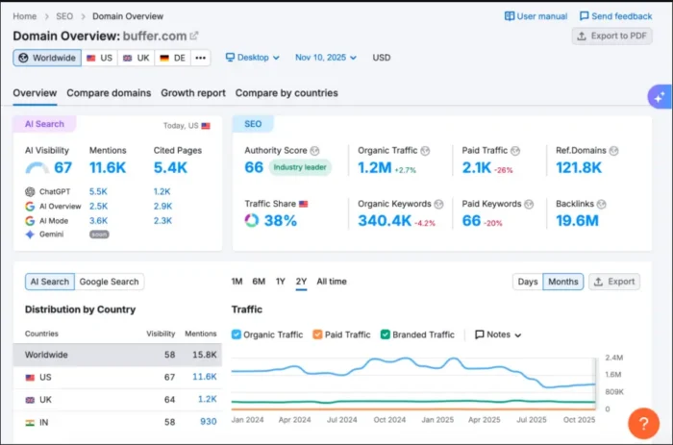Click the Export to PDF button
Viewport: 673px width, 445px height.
point(611,36)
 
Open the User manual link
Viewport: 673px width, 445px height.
point(536,16)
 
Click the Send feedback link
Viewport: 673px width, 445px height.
point(615,16)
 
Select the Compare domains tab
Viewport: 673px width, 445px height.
point(109,93)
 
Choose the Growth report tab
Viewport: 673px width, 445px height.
point(192,93)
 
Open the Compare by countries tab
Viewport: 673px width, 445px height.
point(287,93)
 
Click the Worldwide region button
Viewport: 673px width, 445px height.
point(46,58)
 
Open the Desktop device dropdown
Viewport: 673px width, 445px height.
point(252,58)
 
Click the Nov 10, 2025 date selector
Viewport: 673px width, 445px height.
point(325,58)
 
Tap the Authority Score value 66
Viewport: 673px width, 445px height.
point(254,168)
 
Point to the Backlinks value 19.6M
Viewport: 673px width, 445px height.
point(577,221)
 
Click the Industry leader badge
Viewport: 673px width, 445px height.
point(300,168)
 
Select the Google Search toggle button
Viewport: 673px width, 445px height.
point(110,282)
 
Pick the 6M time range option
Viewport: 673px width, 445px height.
point(259,282)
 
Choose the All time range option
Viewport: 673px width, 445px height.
point(332,282)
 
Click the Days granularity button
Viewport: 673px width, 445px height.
point(528,282)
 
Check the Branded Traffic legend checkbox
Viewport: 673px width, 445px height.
point(386,334)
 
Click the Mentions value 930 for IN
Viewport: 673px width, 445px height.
point(208,421)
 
